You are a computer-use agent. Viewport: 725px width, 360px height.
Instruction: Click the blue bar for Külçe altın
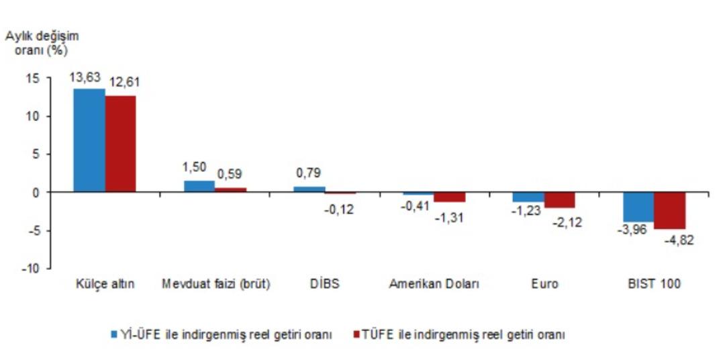(x=89, y=140)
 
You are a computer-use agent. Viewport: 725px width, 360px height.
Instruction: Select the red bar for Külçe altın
(x=120, y=144)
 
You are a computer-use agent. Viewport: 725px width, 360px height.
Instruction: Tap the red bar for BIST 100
(x=669, y=210)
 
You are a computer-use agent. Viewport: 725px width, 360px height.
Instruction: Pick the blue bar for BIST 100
(x=638, y=207)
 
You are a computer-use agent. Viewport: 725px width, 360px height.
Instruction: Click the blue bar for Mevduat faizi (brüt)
(x=199, y=186)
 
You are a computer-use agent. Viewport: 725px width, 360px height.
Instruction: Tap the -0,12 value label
(x=339, y=209)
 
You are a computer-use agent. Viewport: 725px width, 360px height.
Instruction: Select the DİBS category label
(x=326, y=284)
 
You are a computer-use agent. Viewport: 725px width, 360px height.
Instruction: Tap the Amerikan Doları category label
(x=434, y=284)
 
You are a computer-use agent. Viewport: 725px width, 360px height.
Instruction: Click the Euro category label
(x=544, y=284)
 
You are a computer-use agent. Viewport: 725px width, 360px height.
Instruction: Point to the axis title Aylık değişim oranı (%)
(x=42, y=43)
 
